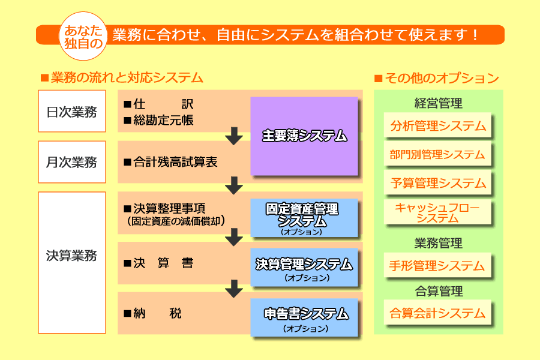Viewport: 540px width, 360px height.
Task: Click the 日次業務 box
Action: pos(71,111)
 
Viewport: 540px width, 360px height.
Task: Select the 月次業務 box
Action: pos(71,161)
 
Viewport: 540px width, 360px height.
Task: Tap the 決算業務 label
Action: pos(71,254)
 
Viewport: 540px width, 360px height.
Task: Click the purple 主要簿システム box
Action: pos(304,136)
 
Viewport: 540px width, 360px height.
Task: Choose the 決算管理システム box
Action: pos(304,268)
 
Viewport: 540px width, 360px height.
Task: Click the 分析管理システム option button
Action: pos(437,126)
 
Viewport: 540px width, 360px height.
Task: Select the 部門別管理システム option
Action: pos(437,154)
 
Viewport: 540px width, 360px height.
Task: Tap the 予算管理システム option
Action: pos(437,183)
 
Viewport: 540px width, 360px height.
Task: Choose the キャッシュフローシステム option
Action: pos(437,213)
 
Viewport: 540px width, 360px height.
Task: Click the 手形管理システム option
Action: pos(437,265)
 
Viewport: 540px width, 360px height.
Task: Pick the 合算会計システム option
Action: pos(437,313)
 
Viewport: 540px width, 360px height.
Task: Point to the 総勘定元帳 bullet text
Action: pos(163,121)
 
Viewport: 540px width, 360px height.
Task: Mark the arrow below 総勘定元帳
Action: pos(233,137)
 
